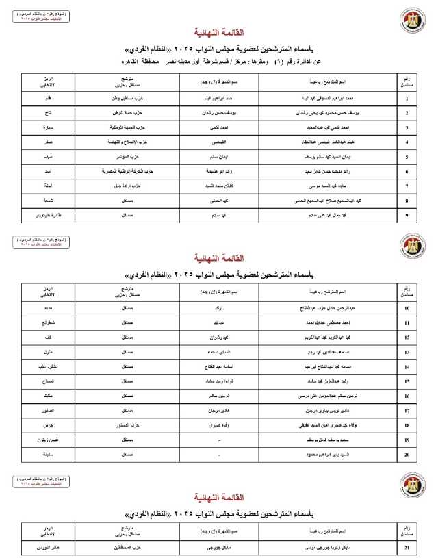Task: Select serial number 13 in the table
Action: (x=407, y=353)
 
